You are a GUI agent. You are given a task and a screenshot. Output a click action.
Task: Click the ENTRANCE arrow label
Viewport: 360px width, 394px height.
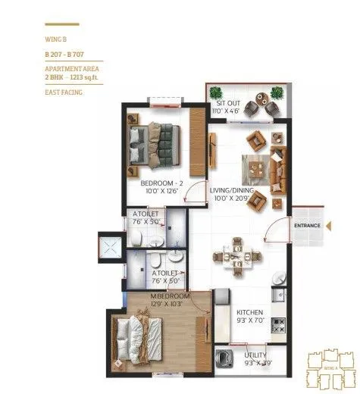point(308,225)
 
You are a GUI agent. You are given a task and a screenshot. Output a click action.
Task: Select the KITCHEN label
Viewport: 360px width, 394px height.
point(249,311)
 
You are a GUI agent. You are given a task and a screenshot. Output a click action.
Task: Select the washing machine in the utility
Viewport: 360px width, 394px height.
point(224,358)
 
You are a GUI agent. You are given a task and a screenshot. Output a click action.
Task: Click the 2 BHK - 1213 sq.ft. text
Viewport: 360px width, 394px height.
point(68,78)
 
